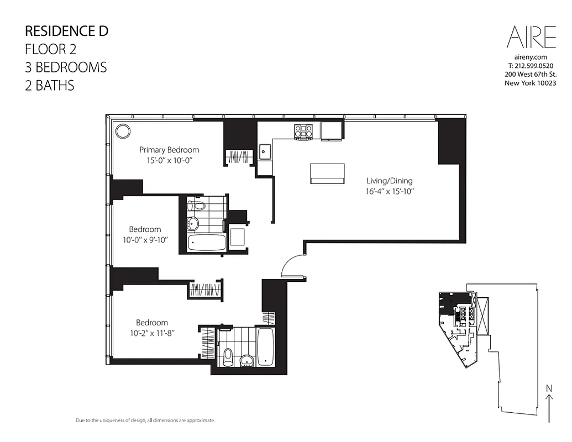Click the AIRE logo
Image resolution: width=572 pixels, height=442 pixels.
(531, 38)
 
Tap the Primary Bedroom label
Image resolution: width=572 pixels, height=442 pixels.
(169, 150)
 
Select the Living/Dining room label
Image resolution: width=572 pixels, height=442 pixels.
(389, 181)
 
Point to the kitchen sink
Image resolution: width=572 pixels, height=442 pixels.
(265, 150)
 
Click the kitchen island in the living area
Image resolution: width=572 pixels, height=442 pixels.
(328, 173)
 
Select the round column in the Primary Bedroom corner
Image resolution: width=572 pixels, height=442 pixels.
(123, 131)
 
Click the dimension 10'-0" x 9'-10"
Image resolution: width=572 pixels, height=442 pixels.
(145, 240)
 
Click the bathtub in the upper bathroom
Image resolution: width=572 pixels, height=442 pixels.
(207, 243)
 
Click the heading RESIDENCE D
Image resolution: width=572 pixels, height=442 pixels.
(67, 31)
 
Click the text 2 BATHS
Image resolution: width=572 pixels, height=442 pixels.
(50, 86)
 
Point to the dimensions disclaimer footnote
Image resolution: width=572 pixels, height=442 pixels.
(145, 420)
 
